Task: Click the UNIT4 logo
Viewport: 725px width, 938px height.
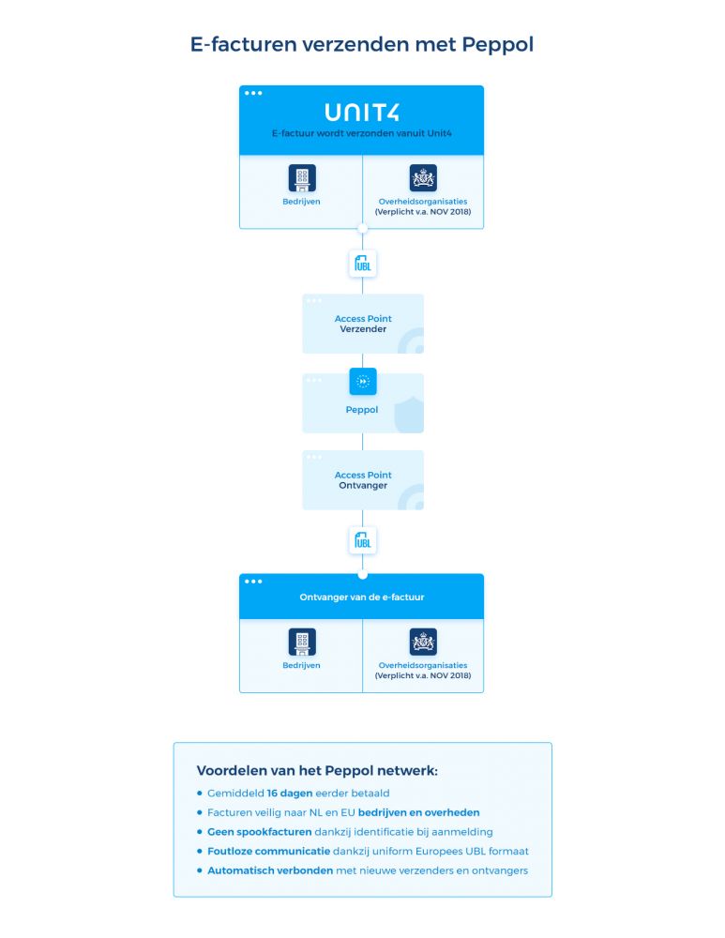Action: click(362, 113)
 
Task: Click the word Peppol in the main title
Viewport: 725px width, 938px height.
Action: click(497, 45)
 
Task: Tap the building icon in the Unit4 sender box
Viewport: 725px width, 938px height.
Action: click(302, 178)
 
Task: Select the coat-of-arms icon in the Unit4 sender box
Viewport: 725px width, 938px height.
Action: click(423, 178)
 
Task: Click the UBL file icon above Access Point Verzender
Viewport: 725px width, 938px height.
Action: click(362, 264)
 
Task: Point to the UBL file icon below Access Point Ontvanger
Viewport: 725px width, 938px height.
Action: click(362, 541)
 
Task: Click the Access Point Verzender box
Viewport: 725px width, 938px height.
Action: click(363, 324)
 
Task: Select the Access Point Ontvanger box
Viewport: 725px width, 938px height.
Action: click(363, 479)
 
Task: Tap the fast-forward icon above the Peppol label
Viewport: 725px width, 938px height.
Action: click(362, 382)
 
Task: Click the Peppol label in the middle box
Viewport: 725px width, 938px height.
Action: click(362, 410)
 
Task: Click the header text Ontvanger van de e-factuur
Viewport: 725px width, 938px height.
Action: click(362, 597)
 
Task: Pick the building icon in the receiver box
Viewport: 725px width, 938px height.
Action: click(302, 642)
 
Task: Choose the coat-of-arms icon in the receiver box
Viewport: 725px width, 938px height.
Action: click(423, 642)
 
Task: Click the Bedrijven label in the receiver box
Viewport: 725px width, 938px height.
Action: click(301, 665)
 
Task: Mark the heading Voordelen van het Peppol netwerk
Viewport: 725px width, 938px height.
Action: click(317, 770)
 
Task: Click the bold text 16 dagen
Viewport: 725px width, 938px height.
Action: click(290, 794)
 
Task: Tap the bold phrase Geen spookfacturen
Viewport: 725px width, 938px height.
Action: click(260, 832)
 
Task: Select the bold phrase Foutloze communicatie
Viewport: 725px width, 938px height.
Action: click(268, 852)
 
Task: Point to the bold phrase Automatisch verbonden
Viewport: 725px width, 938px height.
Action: click(270, 870)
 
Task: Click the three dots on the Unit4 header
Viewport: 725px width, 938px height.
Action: click(253, 93)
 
